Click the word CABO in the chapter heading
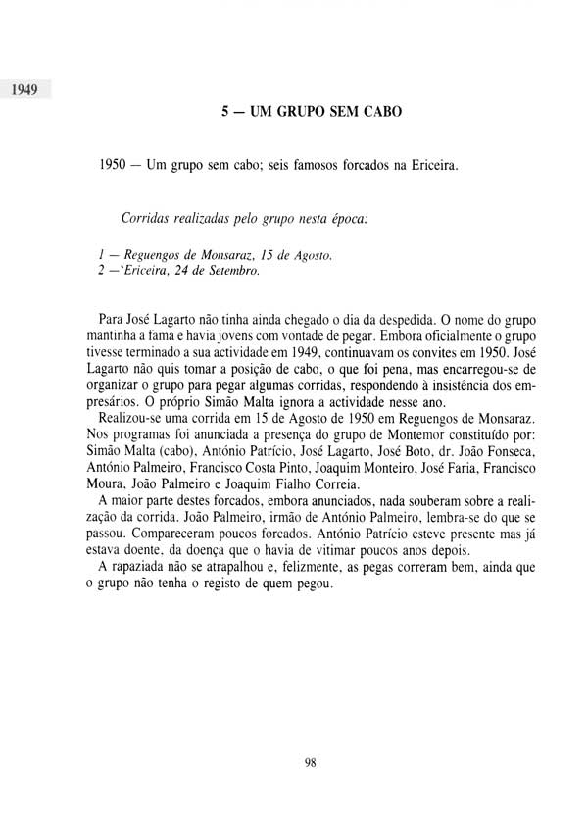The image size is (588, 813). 377,113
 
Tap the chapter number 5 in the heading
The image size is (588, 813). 225,113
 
